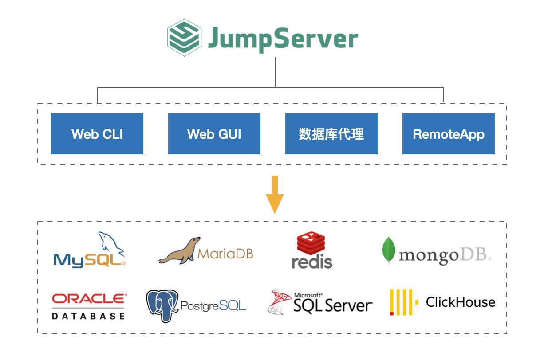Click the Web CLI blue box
[x=97, y=134]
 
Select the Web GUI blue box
[x=214, y=134]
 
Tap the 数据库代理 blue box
[x=331, y=134]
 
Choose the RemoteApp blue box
[x=448, y=134]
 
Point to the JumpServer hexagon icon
[x=184, y=37]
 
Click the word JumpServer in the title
[x=283, y=38]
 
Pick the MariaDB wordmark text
[x=225, y=254]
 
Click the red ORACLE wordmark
[x=89, y=299]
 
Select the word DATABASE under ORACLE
[x=88, y=316]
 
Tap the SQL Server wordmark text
[x=333, y=305]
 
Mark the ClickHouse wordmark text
[x=460, y=302]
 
